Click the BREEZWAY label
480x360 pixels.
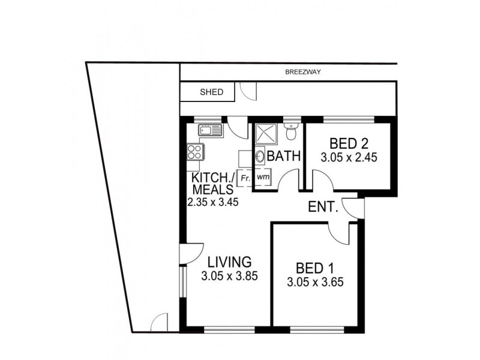(x=304, y=72)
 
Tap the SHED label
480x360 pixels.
(x=211, y=92)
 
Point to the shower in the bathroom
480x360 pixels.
(x=264, y=134)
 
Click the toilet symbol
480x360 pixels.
(x=291, y=130)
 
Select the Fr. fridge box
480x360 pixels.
(x=245, y=178)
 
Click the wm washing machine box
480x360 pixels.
(x=262, y=178)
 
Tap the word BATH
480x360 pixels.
(x=283, y=157)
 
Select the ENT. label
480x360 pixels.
(x=323, y=208)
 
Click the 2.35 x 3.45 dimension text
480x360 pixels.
(x=213, y=202)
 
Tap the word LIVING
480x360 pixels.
(x=229, y=262)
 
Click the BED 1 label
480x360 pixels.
(x=315, y=268)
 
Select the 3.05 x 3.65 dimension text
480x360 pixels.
(x=315, y=283)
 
